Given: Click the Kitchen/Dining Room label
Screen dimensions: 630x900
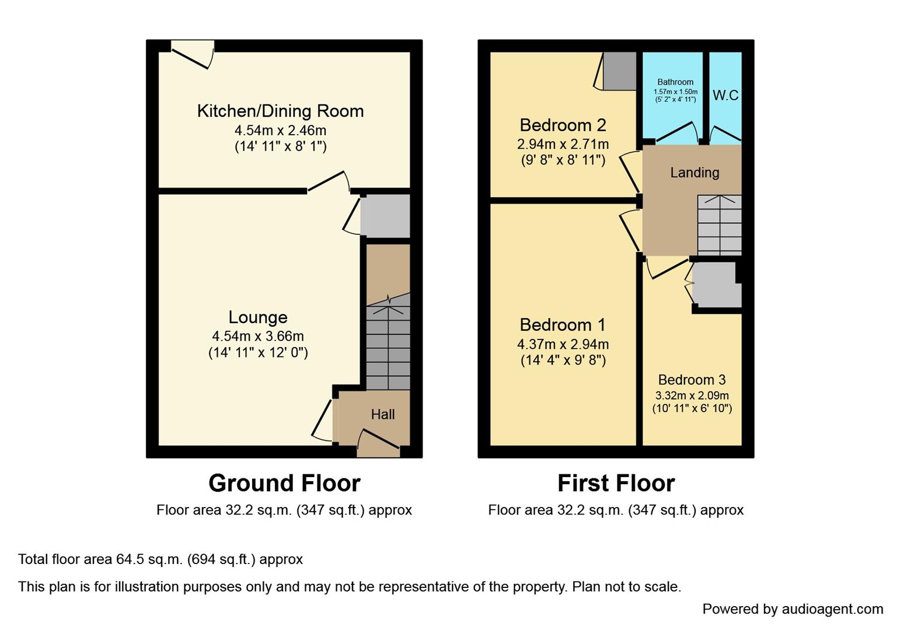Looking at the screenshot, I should (280, 111).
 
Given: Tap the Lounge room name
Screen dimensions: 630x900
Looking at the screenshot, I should (257, 317).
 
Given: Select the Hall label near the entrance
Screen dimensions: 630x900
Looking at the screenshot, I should (383, 415).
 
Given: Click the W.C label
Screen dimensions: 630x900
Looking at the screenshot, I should (725, 95).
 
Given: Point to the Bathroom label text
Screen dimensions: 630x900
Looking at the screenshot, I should (675, 82).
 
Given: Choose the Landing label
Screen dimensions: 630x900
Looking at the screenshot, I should (695, 173).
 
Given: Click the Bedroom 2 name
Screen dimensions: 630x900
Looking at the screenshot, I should (563, 125).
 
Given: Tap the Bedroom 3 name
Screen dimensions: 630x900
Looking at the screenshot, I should (692, 380).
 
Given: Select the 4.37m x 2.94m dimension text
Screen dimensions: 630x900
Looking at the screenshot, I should (563, 344).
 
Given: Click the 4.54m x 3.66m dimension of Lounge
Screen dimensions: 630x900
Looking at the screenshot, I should (257, 337).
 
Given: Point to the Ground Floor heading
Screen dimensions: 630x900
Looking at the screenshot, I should (284, 484).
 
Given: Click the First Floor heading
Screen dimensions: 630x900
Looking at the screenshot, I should (616, 484).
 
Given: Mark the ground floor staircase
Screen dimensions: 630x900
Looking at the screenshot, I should (388, 344).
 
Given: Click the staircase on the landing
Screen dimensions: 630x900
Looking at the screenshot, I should (719, 225).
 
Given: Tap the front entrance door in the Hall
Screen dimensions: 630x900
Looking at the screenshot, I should (378, 442).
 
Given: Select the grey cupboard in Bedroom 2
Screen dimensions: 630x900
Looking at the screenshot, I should (619, 71).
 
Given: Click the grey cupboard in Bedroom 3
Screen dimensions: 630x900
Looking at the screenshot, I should (716, 285).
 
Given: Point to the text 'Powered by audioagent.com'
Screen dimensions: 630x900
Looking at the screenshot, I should (792, 610).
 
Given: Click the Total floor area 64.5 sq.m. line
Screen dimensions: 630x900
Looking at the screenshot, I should (161, 559).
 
